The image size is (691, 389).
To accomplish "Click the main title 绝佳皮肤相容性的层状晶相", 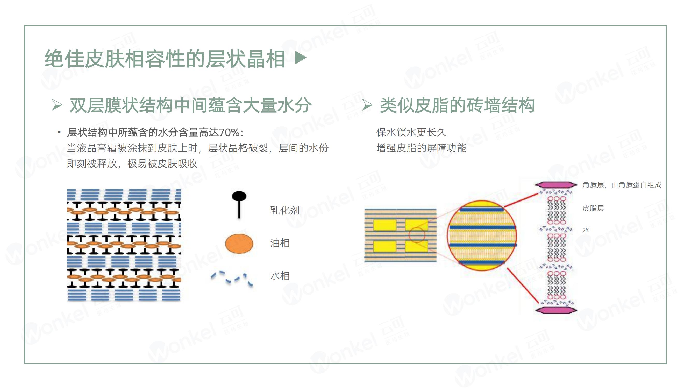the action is (x=165, y=59).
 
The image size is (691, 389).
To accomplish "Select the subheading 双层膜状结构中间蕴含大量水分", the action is (x=190, y=105).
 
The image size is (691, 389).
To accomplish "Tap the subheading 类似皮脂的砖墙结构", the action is (x=457, y=105).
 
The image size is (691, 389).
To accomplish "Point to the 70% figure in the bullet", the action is (x=229, y=132).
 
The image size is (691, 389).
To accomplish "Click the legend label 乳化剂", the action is (x=284, y=210).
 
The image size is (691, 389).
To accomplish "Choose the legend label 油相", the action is (x=280, y=243).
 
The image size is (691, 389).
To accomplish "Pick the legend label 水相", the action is (x=280, y=276).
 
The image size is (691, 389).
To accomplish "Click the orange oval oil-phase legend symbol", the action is (x=239, y=244).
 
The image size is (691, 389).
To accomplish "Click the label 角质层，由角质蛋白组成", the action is (x=622, y=185).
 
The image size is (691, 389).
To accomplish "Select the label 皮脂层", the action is (x=593, y=208).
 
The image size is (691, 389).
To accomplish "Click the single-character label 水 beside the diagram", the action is (x=586, y=230).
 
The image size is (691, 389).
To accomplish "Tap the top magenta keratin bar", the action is (x=556, y=185).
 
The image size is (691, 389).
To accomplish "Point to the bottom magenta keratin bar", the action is (x=556, y=310).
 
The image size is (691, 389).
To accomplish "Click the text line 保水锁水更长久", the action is (x=411, y=132).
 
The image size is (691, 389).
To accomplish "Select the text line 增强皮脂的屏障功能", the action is (x=421, y=148).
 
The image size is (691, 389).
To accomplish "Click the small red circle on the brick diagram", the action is (x=417, y=235).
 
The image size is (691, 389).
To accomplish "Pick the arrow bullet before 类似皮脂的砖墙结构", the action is (x=367, y=105).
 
